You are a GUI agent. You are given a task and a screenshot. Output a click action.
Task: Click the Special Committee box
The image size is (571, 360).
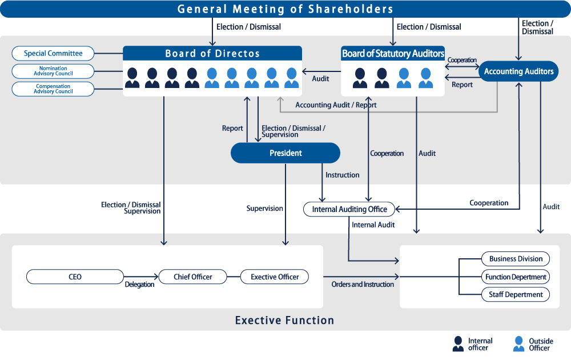point(53,53)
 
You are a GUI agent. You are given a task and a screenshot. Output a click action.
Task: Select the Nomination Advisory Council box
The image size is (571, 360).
point(53,71)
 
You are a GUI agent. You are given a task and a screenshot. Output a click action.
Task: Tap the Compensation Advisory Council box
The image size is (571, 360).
point(53,89)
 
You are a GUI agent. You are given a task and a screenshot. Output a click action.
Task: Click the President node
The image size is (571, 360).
point(285,153)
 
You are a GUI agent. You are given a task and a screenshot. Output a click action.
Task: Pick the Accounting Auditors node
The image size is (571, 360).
point(518,71)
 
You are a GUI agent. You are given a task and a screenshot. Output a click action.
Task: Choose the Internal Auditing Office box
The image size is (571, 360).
point(349,209)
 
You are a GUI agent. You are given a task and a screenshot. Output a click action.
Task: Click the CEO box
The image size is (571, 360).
point(75,277)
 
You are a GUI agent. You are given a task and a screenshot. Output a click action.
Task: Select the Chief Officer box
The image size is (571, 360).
point(192,277)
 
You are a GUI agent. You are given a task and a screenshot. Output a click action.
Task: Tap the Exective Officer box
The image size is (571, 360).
point(275,277)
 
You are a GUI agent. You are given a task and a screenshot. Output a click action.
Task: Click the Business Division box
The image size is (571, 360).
point(516,259)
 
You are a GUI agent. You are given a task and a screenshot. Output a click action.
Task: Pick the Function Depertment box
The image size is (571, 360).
point(516,277)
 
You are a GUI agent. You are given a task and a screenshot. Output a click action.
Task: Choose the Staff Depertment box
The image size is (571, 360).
point(516,294)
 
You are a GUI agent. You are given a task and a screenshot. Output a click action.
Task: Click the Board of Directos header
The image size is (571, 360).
point(212,54)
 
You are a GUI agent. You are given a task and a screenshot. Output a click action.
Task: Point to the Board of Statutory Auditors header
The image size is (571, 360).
point(393,54)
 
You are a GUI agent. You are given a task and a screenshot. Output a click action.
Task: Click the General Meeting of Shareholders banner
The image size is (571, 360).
point(285,9)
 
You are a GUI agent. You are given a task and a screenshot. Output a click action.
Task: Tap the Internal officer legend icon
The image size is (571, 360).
point(458,344)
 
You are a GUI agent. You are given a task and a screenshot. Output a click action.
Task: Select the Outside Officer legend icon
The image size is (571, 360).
point(518,344)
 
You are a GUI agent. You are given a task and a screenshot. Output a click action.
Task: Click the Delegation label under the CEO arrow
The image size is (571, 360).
point(139,284)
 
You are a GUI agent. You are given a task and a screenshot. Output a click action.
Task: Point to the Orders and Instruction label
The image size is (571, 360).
point(363,284)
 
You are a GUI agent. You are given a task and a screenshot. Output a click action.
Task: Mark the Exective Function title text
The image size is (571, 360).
point(285,320)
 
